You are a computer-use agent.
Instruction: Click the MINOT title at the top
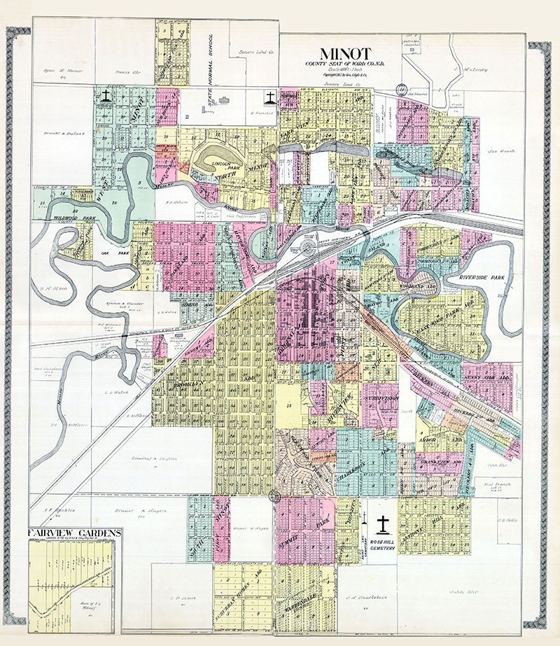345,54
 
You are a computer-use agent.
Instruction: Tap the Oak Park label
106,253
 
